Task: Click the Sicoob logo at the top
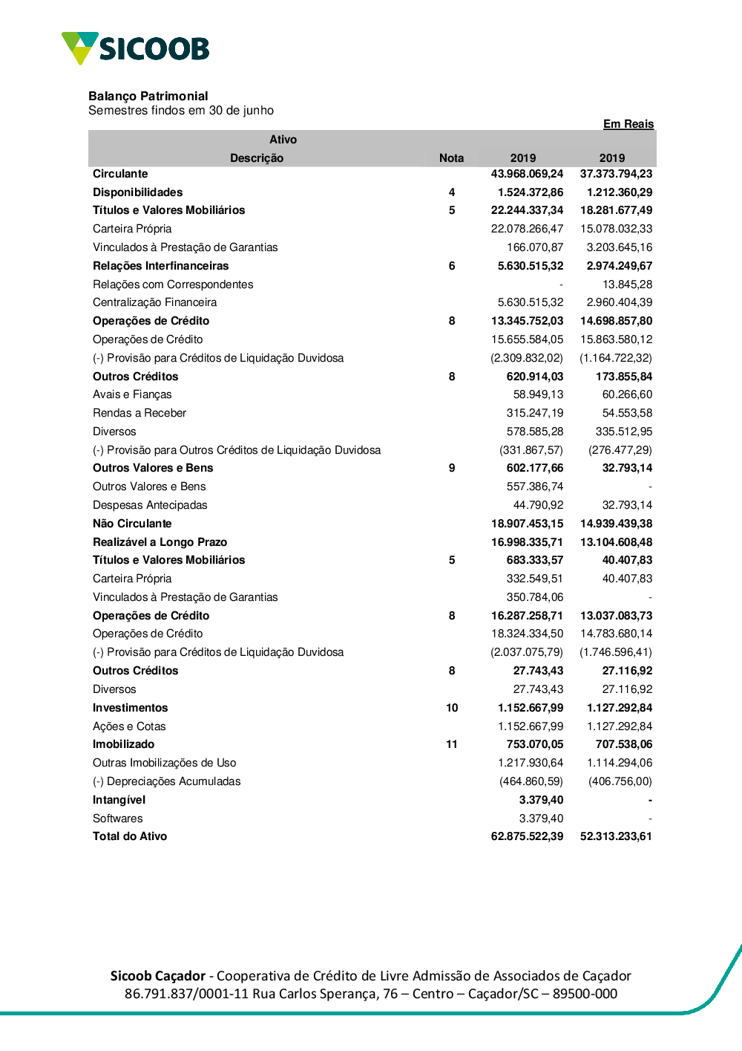tap(136, 48)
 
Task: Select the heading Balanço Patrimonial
tap(148, 96)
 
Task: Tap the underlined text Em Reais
tap(628, 124)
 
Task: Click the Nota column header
tap(451, 158)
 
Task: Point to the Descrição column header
tap(257, 158)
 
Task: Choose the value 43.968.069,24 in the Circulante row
tap(527, 174)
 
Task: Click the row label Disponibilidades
tap(137, 192)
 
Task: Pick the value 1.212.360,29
tap(619, 192)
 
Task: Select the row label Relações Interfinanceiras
tap(160, 266)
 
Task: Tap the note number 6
tap(452, 266)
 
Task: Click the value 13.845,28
tap(627, 284)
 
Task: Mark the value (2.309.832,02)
tap(527, 358)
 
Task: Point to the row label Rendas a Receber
tap(139, 413)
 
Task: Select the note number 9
tap(452, 468)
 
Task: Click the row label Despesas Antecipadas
tap(150, 505)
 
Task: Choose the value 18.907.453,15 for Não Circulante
tap(527, 524)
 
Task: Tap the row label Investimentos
tap(130, 708)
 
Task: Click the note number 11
tap(452, 744)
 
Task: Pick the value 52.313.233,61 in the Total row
tap(616, 836)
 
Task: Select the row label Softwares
tap(117, 819)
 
